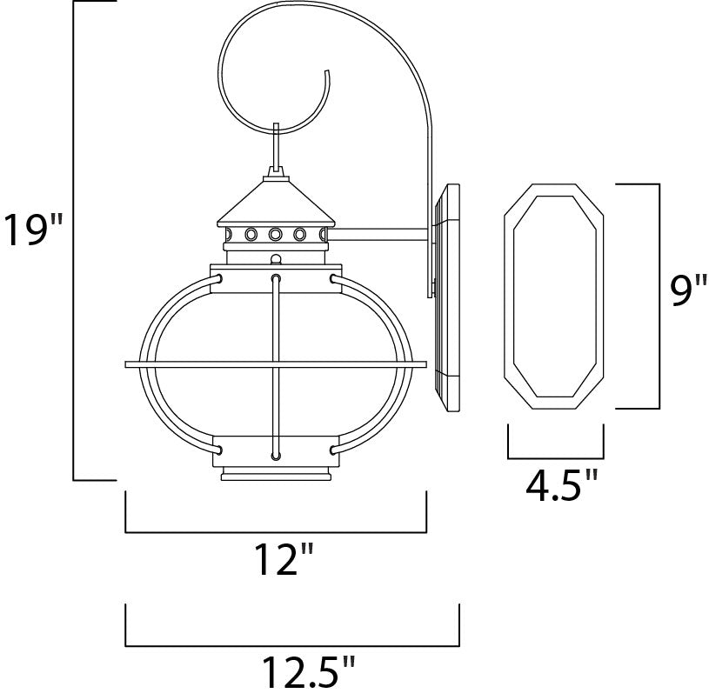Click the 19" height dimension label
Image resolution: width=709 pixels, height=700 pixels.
pos(33,232)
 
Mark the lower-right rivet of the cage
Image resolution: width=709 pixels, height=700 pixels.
pos(333,450)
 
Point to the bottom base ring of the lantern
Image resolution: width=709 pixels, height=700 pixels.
pos(277,475)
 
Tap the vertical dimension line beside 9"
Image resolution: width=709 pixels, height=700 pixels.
pos(653,296)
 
